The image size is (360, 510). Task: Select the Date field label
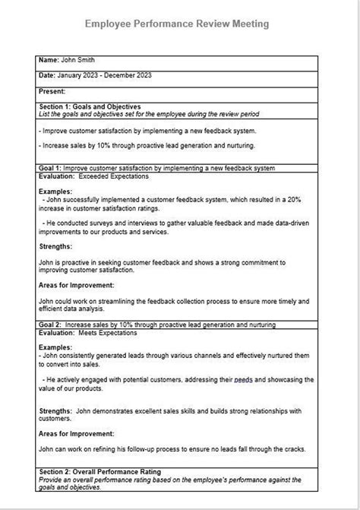46,75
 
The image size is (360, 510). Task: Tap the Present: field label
52,91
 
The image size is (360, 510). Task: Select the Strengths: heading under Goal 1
55,246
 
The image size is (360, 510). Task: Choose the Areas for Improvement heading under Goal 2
76,433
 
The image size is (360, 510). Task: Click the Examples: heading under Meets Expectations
55,347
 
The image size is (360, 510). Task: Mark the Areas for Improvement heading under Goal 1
76,285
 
